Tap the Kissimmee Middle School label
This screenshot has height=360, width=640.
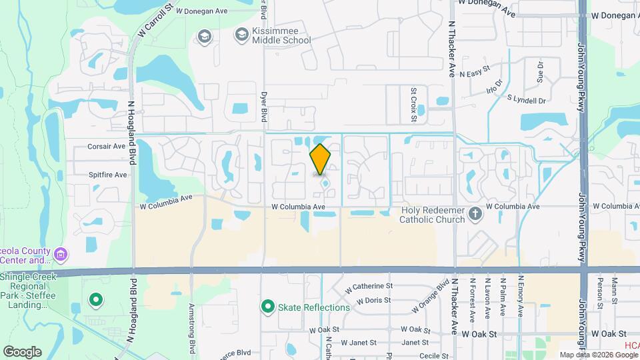point(281,35)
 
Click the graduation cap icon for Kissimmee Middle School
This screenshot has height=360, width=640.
point(205,35)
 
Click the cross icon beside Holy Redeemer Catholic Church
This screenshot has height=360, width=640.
point(475,214)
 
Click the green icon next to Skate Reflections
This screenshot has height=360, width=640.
point(268,307)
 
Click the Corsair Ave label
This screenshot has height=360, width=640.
point(107,146)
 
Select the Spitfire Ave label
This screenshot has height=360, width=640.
point(107,175)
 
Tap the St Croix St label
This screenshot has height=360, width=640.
point(414,104)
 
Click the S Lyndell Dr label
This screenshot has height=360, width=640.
point(526,100)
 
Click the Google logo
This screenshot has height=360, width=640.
point(22,351)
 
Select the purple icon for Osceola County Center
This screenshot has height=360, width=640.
point(61,254)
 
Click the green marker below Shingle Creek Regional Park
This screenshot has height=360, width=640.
point(95,301)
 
